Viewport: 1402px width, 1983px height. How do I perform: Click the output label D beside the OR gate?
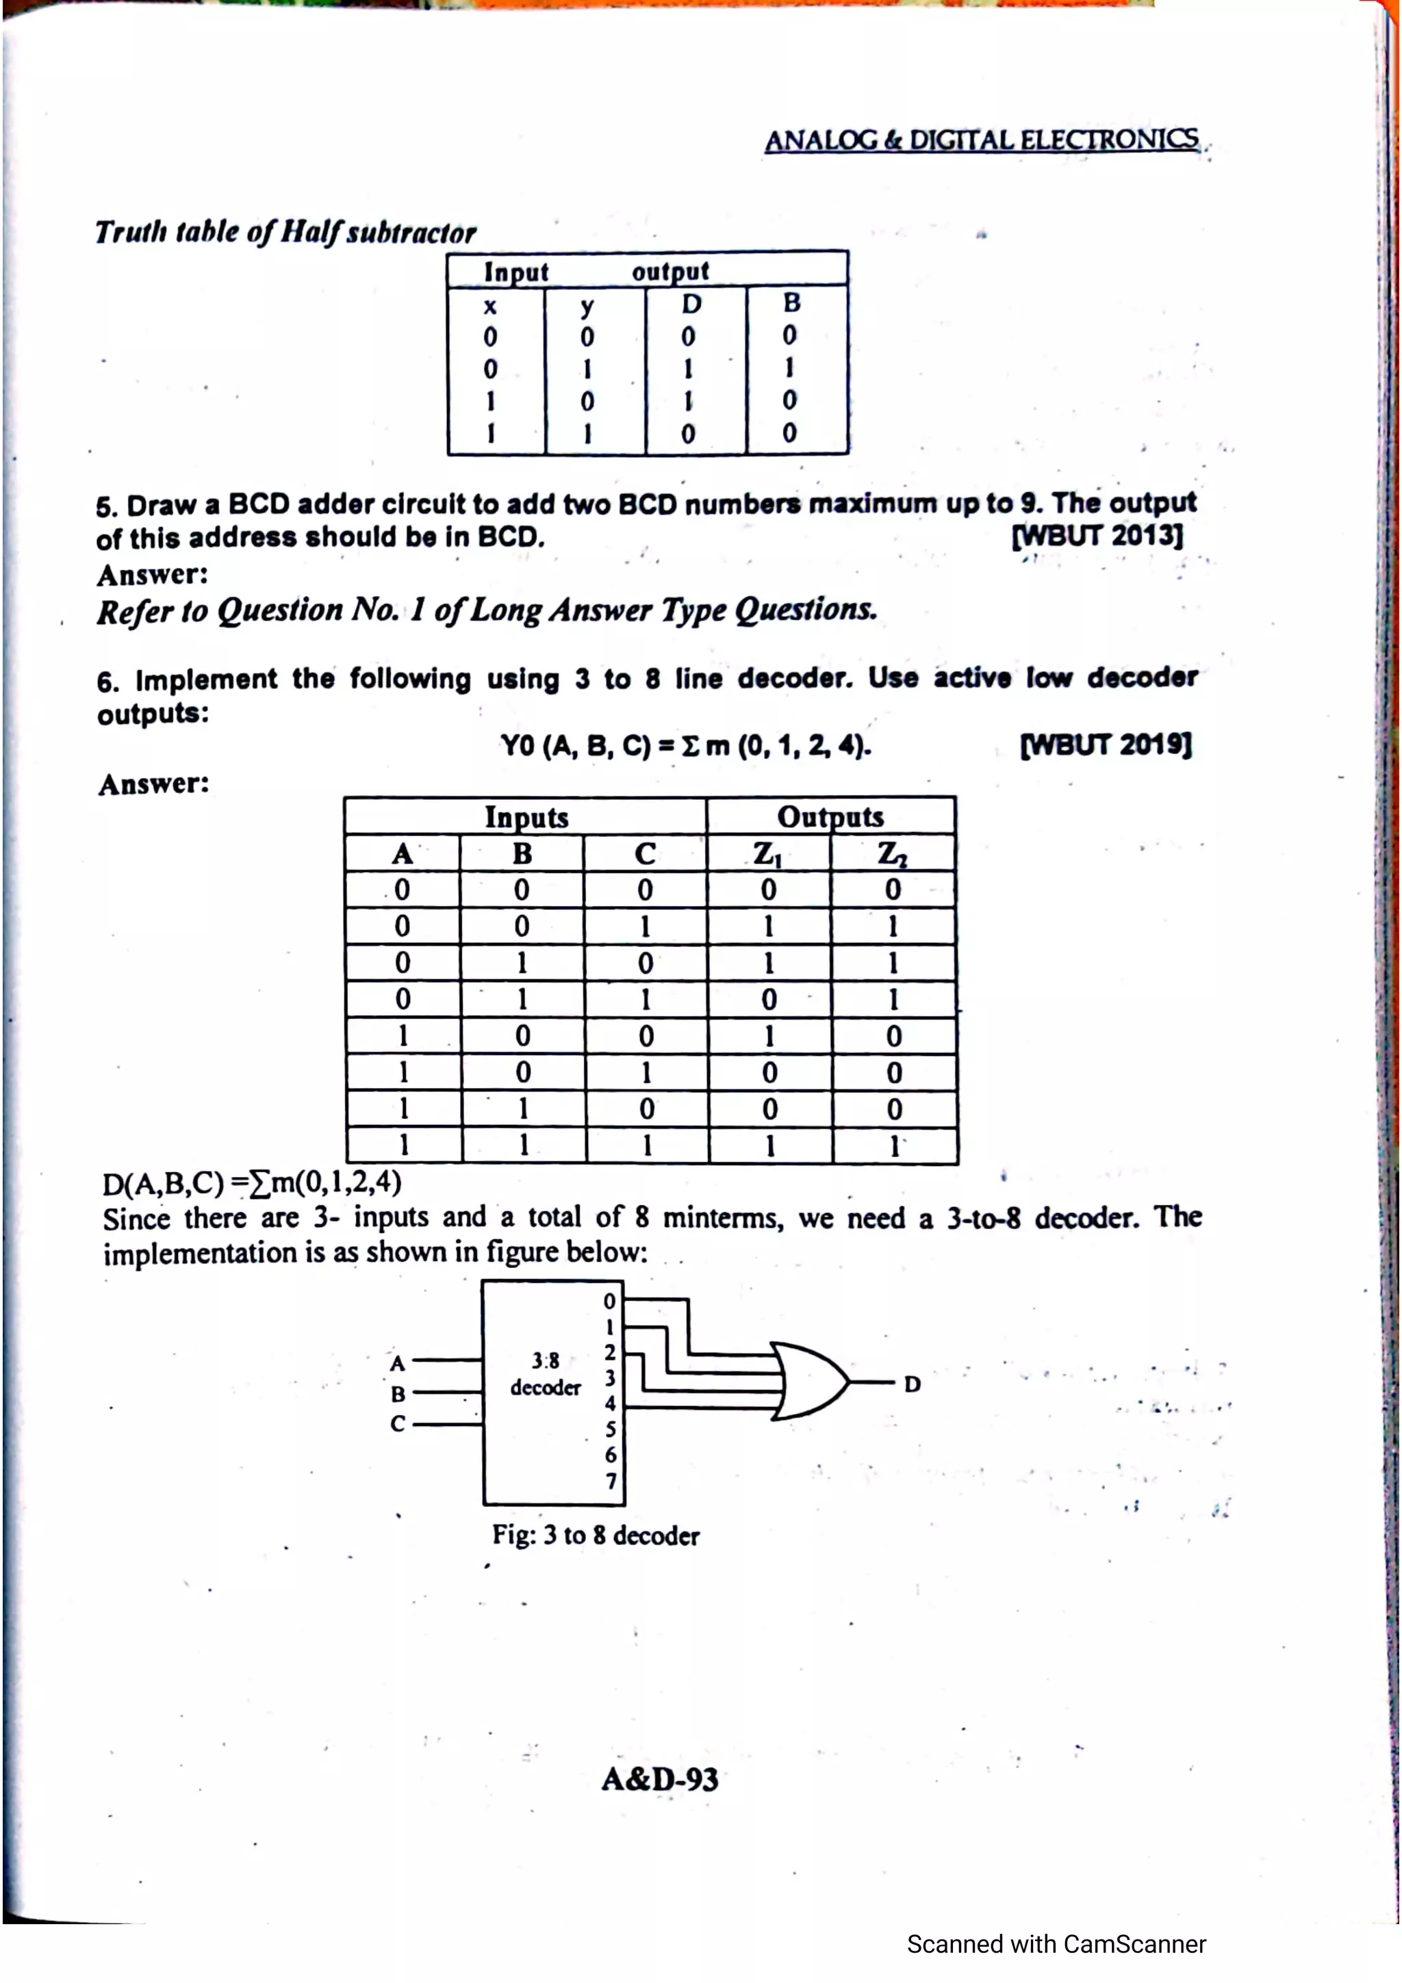point(913,1384)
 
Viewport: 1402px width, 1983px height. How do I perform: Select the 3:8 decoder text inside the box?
point(545,1374)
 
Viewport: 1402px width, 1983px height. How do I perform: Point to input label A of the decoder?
point(397,1363)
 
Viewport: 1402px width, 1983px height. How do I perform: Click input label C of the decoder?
point(397,1423)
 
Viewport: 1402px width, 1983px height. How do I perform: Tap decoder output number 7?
point(611,1481)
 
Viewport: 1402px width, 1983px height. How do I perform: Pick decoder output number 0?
point(610,1301)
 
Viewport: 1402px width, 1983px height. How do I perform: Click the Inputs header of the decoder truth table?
point(526,816)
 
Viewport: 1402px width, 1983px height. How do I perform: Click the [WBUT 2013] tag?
point(1097,536)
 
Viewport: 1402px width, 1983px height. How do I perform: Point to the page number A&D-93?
point(660,1779)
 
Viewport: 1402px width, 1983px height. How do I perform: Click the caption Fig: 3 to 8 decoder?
point(595,1535)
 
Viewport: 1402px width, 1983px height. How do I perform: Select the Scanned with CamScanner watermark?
point(1056,1943)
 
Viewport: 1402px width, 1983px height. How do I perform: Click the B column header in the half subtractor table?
point(791,303)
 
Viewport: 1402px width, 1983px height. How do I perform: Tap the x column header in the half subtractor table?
point(489,306)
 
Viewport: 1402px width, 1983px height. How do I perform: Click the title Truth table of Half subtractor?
point(286,231)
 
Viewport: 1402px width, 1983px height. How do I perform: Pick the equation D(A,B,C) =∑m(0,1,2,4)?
point(251,1182)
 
